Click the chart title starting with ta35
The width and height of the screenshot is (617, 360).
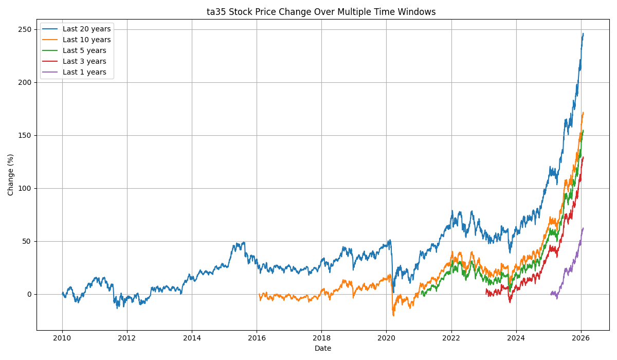coord(321,12)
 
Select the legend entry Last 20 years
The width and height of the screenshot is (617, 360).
coord(86,29)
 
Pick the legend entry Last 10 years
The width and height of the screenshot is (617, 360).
coord(86,40)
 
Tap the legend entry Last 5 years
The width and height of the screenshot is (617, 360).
coord(84,51)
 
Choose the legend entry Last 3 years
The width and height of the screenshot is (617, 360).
coord(84,62)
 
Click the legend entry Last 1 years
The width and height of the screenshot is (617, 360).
coord(84,73)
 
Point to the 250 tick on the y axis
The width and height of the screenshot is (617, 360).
coord(26,29)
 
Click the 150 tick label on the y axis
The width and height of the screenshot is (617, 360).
coord(26,135)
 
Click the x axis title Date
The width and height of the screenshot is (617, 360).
coord(323,348)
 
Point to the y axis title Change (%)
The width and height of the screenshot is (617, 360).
coord(11,174)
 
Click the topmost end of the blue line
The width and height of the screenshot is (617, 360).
coord(583,34)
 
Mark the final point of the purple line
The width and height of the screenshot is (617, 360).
coord(583,228)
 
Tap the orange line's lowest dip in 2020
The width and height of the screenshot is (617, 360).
coord(393,315)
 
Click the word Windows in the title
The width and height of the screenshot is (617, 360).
coord(418,12)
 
